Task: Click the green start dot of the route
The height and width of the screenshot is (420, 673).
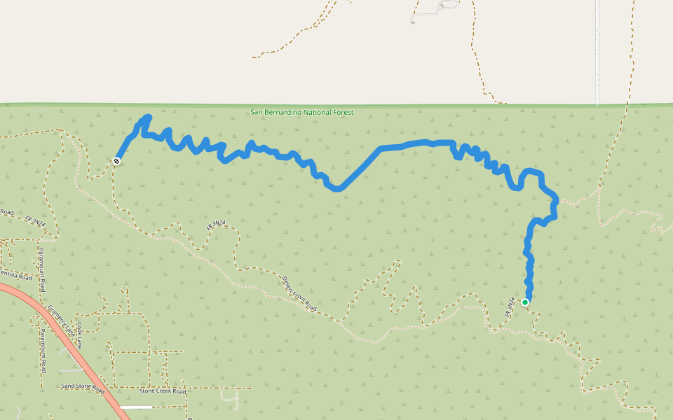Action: [525, 302]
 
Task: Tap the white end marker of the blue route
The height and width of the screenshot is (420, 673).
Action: [116, 161]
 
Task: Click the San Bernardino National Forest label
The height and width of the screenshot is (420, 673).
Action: [302, 112]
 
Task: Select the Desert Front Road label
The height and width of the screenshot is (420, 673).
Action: [299, 293]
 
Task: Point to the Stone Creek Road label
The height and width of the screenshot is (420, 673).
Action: [161, 390]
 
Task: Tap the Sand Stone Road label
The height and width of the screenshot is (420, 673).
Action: [83, 386]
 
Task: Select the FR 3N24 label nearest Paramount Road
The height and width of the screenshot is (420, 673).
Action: [35, 222]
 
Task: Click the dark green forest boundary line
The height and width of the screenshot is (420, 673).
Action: [456, 105]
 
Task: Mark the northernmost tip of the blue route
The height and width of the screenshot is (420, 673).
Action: [148, 117]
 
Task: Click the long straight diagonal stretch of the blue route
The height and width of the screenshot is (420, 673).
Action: [359, 168]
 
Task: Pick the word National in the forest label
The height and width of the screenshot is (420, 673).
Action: [316, 112]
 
